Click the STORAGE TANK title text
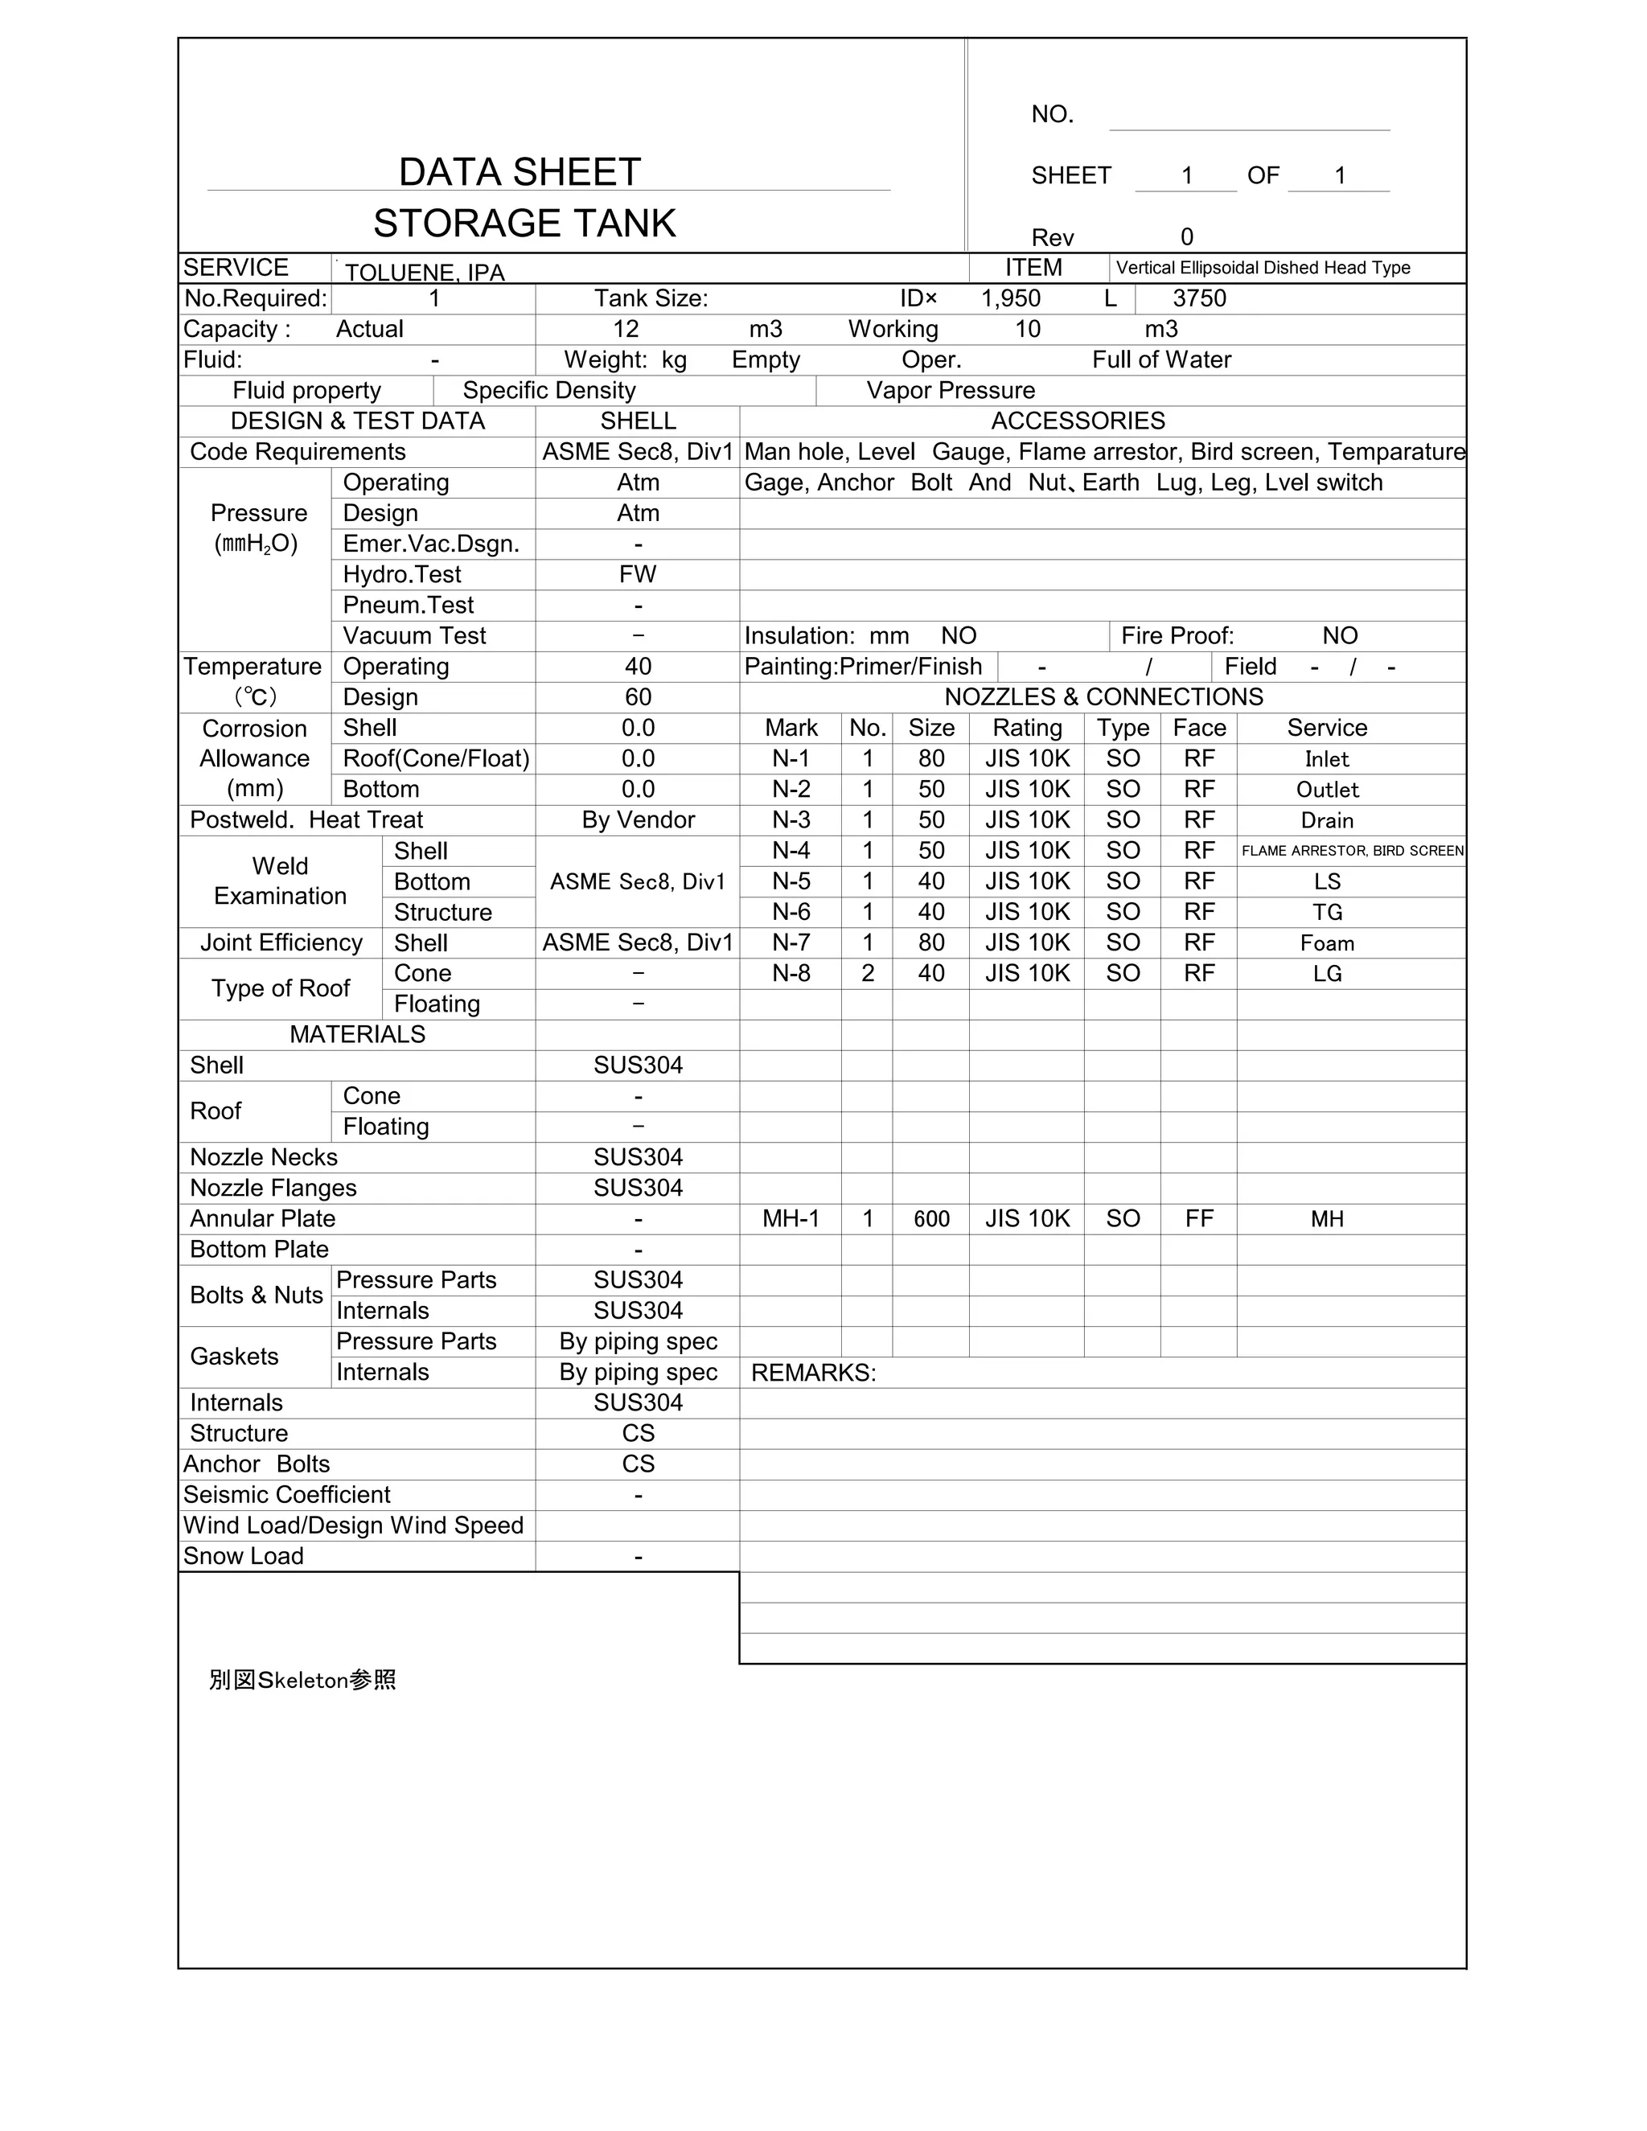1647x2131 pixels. click(x=524, y=224)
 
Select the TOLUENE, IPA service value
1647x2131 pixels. click(x=425, y=273)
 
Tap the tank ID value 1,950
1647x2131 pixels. click(x=1010, y=298)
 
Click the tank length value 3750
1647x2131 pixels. click(x=1198, y=298)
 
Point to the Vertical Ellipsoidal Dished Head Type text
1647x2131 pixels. click(x=1263, y=267)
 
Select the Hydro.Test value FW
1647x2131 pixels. click(x=637, y=575)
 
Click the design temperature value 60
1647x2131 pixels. click(x=637, y=698)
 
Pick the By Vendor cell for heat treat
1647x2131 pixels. click(x=637, y=819)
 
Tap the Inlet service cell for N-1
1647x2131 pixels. click(x=1326, y=759)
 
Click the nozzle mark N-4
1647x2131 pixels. click(x=791, y=851)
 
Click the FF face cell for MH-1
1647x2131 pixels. click(x=1198, y=1218)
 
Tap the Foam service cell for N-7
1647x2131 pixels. click(x=1326, y=943)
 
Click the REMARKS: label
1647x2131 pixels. click(x=813, y=1373)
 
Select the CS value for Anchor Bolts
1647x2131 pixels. click(x=637, y=1464)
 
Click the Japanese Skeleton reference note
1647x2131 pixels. click(x=302, y=1680)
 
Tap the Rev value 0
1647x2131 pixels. click(x=1186, y=237)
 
